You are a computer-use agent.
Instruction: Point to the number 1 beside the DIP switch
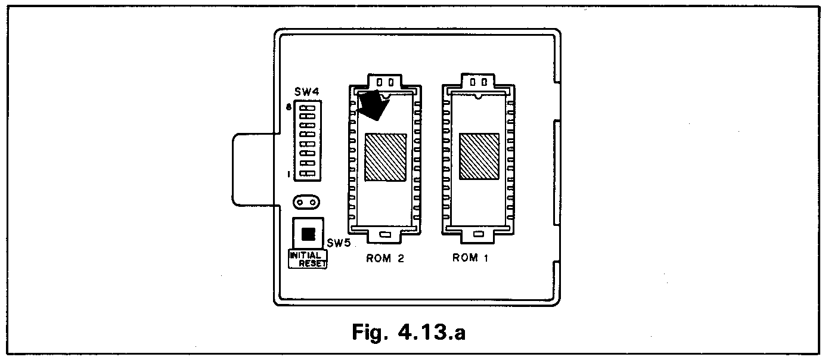pos(289,174)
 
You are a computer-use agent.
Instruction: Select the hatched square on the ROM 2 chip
pos(385,157)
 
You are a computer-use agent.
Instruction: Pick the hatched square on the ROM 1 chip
pos(479,157)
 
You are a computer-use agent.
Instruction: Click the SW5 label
pos(338,243)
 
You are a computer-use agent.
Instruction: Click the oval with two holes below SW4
pos(307,203)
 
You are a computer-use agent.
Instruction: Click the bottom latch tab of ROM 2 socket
pos(385,235)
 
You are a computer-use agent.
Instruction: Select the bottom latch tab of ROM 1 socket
pos(479,235)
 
